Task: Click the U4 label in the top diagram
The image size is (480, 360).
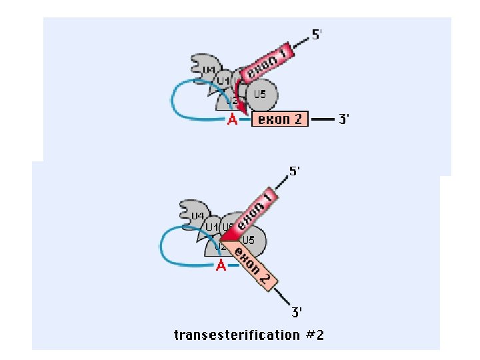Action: (209, 70)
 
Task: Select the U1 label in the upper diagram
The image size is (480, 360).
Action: (223, 81)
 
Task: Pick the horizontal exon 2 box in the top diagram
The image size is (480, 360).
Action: (280, 119)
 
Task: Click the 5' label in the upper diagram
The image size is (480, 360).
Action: (319, 36)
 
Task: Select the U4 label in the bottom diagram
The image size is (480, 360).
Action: (198, 216)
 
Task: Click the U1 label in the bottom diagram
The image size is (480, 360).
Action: (212, 227)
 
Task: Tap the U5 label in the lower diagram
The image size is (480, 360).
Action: (249, 239)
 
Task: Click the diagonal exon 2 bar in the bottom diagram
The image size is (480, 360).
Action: (252, 265)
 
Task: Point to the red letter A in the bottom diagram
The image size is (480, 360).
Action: (221, 266)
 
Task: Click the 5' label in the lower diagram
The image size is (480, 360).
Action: (294, 171)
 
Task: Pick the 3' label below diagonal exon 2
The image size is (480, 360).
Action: (297, 311)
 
